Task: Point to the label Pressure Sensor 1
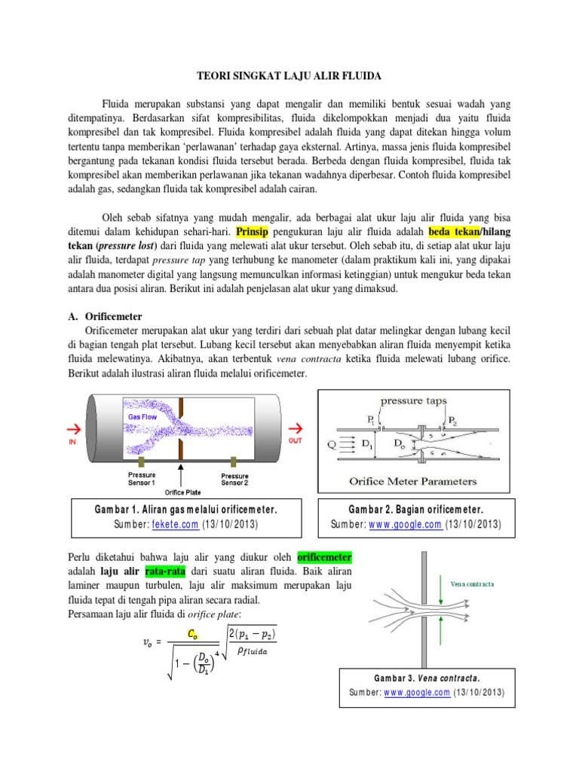(x=142, y=480)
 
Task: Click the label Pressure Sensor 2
(x=235, y=480)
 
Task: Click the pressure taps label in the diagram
(x=412, y=401)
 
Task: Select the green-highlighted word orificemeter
(x=324, y=558)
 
